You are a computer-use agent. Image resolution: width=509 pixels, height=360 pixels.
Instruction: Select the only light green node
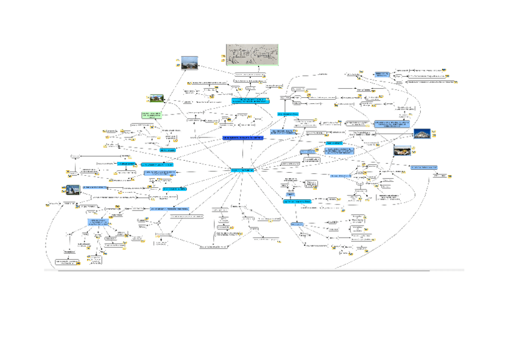151,115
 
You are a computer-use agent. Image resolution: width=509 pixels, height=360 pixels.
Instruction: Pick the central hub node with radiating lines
242,171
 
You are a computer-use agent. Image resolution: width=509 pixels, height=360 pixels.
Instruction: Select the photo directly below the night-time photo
402,151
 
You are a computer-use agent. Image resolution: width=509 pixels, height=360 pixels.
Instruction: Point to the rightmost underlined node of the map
438,176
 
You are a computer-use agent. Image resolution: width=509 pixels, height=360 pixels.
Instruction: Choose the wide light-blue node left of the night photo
393,124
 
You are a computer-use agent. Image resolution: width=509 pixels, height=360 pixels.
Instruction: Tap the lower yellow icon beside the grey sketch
223,61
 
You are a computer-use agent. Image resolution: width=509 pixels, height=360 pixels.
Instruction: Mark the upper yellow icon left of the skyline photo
178,59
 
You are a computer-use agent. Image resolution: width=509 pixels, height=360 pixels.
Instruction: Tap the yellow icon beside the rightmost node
450,176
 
